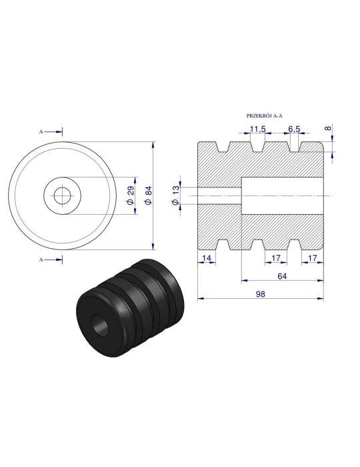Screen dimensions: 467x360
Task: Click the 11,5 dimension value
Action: coord(258,128)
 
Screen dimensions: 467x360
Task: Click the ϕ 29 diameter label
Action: coord(131,195)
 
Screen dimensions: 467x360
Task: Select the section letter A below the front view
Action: coord(41,258)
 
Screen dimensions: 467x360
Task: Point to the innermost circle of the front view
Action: coord(61,195)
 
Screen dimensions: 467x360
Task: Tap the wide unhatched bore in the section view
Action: coord(280,195)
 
